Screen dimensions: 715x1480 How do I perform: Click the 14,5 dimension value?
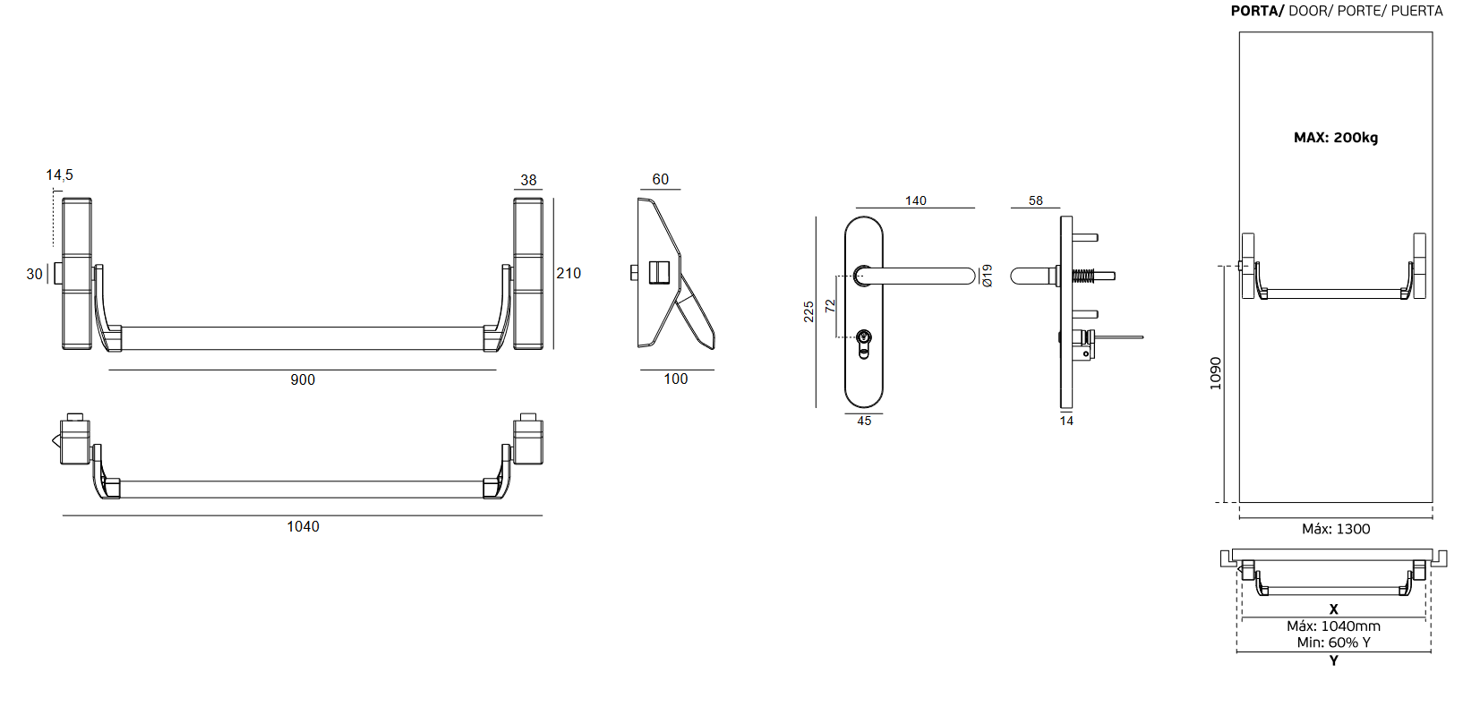59,175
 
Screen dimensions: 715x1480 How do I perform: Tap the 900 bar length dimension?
303,379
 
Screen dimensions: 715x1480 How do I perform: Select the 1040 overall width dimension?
303,526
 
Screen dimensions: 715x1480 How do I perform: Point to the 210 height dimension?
569,273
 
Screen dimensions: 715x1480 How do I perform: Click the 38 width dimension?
528,180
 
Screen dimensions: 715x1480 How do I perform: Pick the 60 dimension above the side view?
660,179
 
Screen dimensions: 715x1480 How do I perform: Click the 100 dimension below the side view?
675,379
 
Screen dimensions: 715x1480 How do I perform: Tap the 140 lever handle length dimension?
915,200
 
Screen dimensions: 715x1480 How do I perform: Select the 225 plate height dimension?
808,311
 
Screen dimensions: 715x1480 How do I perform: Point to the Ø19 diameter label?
987,276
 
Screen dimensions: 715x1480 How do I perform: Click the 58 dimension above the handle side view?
1035,200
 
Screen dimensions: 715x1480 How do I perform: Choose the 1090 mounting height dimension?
1215,373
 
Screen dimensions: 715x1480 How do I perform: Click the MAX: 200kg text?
1335,137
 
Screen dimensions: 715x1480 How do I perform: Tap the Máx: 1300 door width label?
1335,529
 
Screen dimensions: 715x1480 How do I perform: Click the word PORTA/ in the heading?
1257,11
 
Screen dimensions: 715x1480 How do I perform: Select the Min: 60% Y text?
1333,643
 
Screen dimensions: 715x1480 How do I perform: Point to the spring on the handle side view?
1083,276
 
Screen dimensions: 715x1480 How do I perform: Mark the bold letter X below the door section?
1333,609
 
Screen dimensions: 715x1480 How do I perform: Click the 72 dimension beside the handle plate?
830,305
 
